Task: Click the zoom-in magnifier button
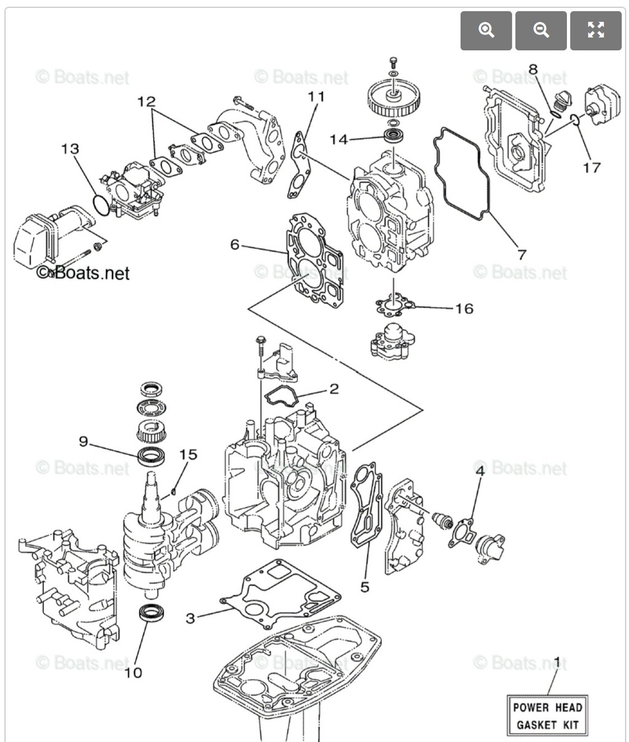[x=486, y=30]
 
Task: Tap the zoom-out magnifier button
[x=541, y=30]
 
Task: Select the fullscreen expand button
[x=595, y=30]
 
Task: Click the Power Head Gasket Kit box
[x=547, y=716]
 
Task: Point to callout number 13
[x=70, y=149]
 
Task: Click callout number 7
[x=522, y=254]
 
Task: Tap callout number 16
[x=464, y=308]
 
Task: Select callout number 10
[x=133, y=673]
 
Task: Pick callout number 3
[x=190, y=618]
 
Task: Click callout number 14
[x=338, y=139]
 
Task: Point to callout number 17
[x=591, y=167]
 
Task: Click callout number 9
[x=84, y=440]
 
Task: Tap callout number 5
[x=365, y=587]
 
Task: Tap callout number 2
[x=334, y=388]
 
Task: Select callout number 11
[x=316, y=96]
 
